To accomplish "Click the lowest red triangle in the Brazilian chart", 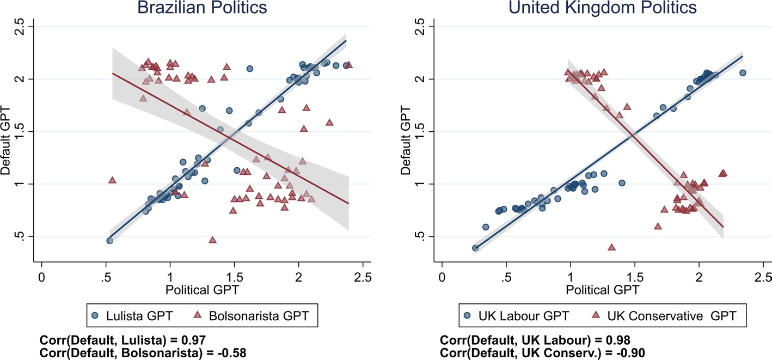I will [213, 240].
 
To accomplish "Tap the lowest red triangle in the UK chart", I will [611, 247].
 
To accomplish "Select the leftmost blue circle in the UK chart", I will [475, 248].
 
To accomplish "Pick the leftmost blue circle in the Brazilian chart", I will [109, 240].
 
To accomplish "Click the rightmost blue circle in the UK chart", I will [742, 72].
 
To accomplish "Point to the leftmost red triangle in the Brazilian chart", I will [113, 180].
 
